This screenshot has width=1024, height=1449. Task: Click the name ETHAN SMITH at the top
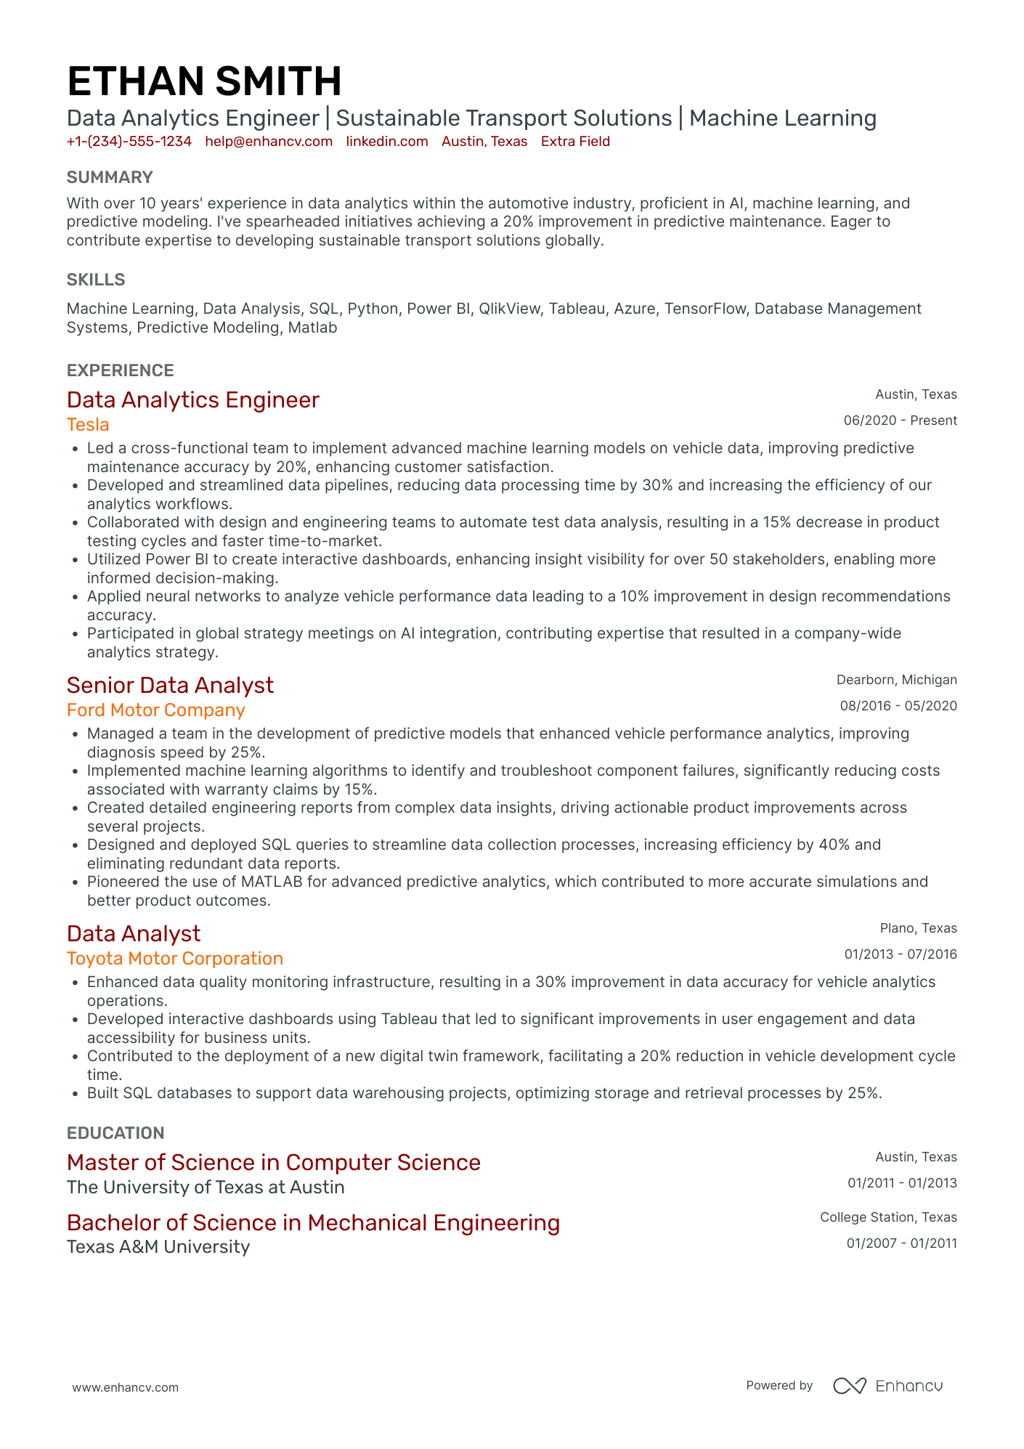(x=204, y=81)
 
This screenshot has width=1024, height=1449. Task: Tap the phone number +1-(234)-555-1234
(x=129, y=142)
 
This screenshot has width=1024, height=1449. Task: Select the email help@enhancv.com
(x=269, y=142)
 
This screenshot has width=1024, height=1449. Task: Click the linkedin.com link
(x=387, y=142)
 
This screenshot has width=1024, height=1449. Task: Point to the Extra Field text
(x=575, y=142)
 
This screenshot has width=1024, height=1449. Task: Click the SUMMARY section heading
(x=110, y=177)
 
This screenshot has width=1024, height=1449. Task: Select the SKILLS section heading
(x=96, y=280)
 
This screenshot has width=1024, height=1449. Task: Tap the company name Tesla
(x=88, y=425)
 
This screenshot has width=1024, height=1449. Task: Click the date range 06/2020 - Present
(x=900, y=421)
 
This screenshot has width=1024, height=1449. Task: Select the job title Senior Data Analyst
(x=170, y=685)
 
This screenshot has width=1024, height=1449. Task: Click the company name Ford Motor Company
(x=156, y=710)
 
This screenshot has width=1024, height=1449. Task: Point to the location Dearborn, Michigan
(x=896, y=680)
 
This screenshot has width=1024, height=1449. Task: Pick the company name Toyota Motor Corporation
(x=175, y=959)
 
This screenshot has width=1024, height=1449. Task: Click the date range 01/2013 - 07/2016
(x=901, y=954)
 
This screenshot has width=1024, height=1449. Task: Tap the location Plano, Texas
(x=918, y=928)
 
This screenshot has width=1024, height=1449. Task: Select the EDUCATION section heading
(x=115, y=1133)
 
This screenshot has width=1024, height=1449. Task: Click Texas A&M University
(x=158, y=1247)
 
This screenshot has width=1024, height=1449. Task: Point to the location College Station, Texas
(x=888, y=1217)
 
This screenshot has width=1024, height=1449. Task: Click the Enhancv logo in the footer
(x=887, y=1386)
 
